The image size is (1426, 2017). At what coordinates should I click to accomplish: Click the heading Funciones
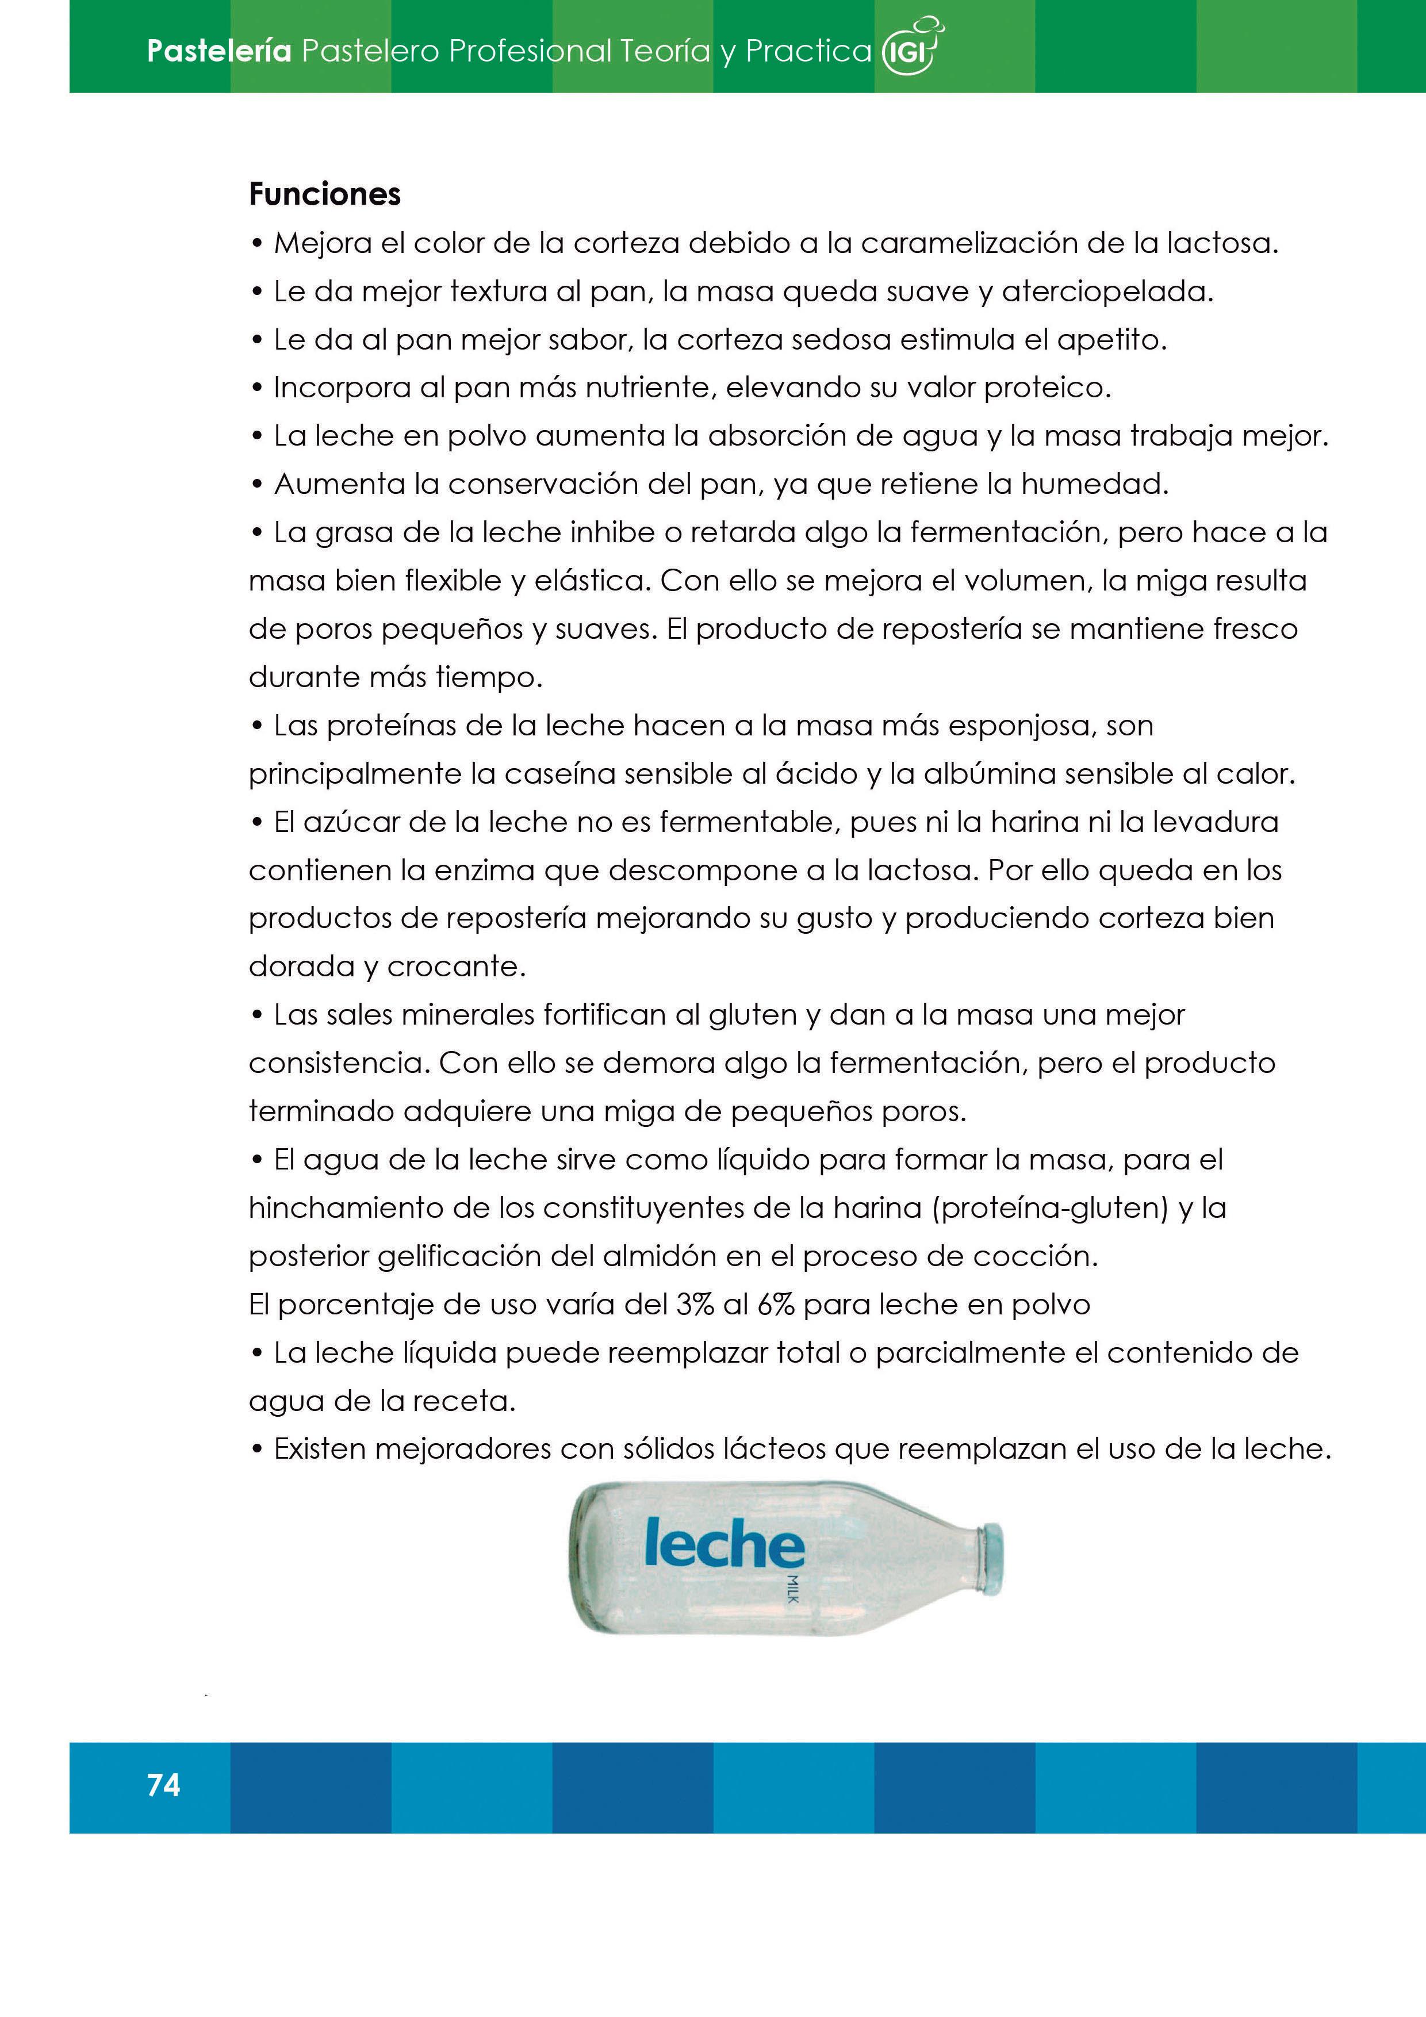click(x=324, y=194)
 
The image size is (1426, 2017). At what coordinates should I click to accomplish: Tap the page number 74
click(x=163, y=1785)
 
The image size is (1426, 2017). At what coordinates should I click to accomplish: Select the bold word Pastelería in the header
click(x=218, y=51)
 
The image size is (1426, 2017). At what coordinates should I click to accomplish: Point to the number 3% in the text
click(x=694, y=1305)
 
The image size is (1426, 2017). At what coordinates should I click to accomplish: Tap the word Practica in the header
click(x=808, y=51)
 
